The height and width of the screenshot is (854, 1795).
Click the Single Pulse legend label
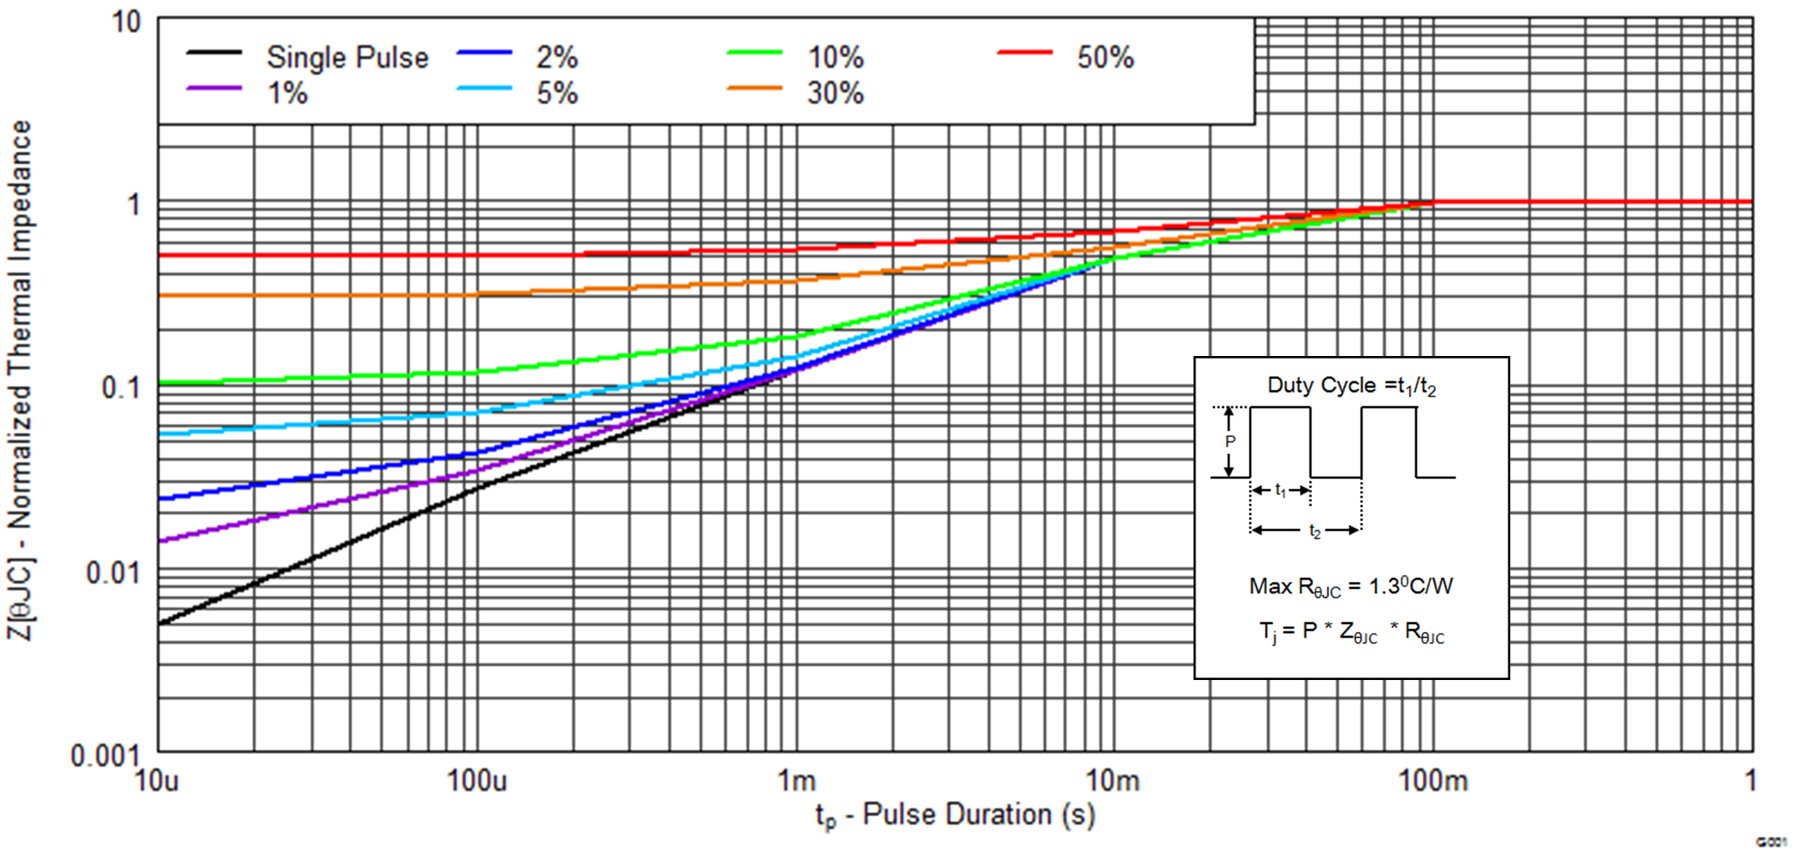(347, 58)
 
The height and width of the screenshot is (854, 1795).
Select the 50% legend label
(1105, 58)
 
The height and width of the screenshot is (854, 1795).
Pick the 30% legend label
(835, 93)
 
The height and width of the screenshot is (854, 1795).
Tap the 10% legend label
(835, 58)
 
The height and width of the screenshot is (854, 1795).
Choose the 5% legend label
(557, 93)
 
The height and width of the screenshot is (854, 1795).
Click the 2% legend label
(557, 58)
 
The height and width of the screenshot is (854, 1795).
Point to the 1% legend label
(288, 93)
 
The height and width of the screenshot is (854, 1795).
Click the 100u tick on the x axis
(477, 781)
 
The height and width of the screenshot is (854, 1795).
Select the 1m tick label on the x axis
(797, 781)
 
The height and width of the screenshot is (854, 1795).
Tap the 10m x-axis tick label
(1113, 781)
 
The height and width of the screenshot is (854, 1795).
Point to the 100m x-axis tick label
(1432, 781)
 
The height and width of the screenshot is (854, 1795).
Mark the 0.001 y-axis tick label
(104, 756)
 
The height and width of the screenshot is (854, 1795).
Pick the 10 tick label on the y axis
(125, 22)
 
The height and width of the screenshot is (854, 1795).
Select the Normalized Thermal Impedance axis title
(20, 379)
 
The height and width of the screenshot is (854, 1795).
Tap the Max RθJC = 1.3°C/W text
(1351, 587)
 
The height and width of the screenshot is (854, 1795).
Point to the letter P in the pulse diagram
(1230, 441)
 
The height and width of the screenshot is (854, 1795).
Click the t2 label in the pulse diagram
(1314, 531)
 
